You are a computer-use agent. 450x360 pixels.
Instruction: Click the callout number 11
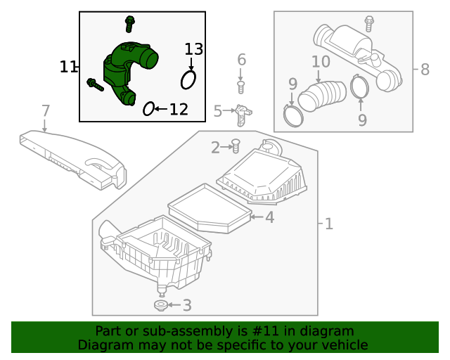point(68,67)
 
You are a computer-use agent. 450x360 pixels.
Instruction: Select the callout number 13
point(193,49)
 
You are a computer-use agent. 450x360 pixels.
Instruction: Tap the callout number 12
point(179,109)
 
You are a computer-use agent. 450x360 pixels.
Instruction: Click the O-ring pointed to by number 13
point(188,79)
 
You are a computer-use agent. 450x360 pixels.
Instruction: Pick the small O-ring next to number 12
point(148,108)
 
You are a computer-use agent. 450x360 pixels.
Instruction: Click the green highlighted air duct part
point(127,70)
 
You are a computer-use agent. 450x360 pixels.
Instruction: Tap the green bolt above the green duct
point(130,22)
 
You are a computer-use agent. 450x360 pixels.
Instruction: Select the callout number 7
point(46,110)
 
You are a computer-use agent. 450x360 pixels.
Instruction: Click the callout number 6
point(241,60)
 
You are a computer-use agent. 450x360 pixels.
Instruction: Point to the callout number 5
point(218,110)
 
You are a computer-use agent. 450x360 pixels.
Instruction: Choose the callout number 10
point(321,61)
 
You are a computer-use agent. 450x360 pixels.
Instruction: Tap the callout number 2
point(216,147)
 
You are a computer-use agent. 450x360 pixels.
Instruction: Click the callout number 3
point(186,305)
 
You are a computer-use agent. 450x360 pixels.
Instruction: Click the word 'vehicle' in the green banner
point(342,345)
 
